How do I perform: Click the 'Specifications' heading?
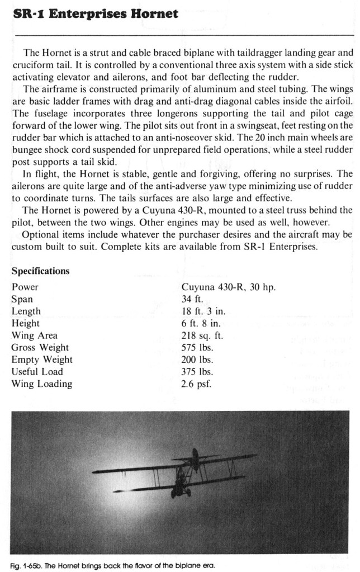click(x=40, y=271)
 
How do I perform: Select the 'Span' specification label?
click(x=22, y=299)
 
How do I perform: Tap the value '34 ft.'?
click(x=193, y=299)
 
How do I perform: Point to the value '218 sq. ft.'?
click(x=202, y=335)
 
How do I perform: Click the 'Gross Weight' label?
click(x=40, y=348)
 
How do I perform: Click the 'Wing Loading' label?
click(x=41, y=384)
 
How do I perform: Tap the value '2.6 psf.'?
click(x=196, y=384)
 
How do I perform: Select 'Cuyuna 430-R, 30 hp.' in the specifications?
click(x=228, y=287)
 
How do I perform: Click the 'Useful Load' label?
click(x=37, y=372)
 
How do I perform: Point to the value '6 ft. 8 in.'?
click(x=201, y=323)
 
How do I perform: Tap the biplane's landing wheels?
click(x=181, y=493)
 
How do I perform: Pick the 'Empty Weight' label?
click(x=42, y=360)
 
